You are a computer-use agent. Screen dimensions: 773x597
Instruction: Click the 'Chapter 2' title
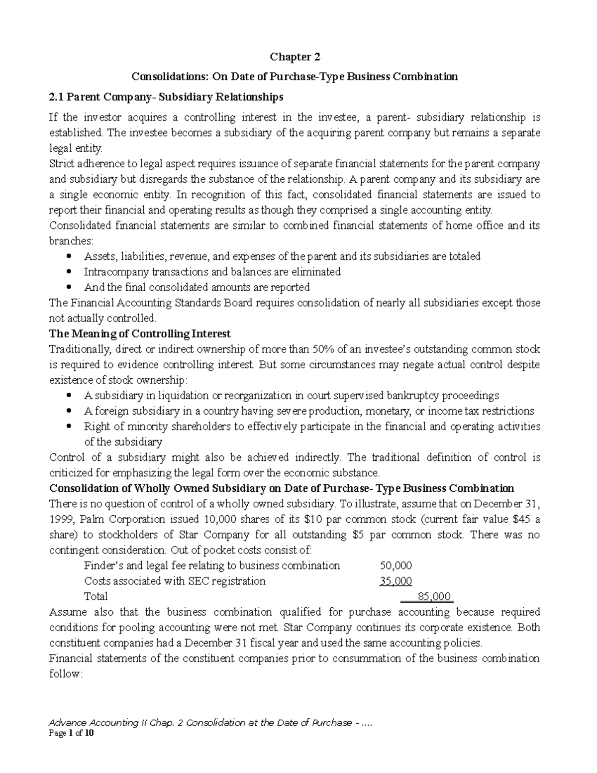[x=295, y=57]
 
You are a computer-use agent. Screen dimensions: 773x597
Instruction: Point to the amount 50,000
[x=396, y=565]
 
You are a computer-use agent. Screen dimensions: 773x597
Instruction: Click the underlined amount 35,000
[x=396, y=581]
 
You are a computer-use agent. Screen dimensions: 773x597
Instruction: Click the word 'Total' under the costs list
[x=96, y=596]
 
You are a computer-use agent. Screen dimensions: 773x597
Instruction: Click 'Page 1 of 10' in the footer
[x=70, y=733]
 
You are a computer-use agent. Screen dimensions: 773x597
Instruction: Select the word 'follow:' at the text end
[x=64, y=674]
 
